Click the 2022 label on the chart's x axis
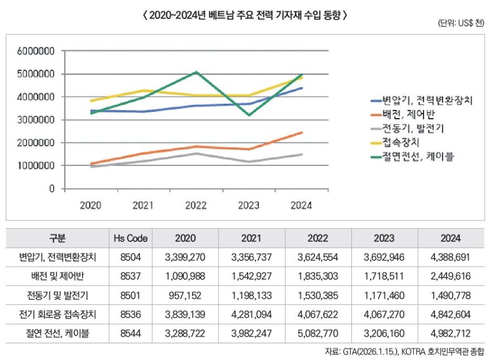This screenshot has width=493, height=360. coord(196,205)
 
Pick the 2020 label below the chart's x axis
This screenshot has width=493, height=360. coord(90,205)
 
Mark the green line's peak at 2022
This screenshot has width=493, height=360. coord(196,72)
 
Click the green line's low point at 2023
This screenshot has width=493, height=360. coord(249,115)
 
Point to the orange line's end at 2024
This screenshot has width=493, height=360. coord(302,133)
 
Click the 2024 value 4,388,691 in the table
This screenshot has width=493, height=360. coord(450,257)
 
